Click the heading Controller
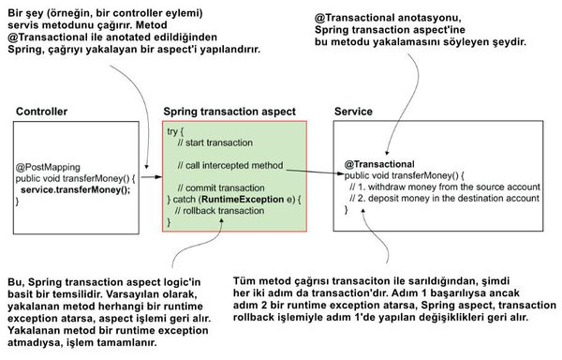click(41, 112)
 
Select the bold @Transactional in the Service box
click(381, 163)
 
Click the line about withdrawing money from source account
click(443, 187)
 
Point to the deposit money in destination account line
click(443, 199)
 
